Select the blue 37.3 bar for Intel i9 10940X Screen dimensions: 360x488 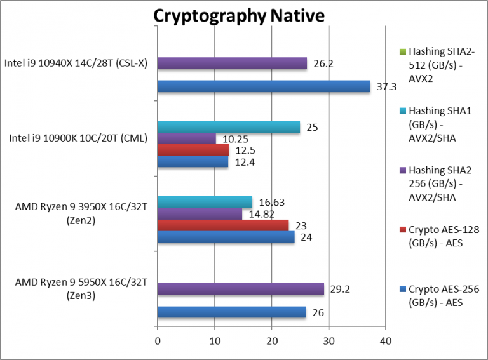264,86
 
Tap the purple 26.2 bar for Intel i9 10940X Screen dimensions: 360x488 232,63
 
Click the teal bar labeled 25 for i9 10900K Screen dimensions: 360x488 229,127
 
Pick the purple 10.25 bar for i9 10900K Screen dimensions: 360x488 187,138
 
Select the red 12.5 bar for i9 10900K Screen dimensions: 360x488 193,150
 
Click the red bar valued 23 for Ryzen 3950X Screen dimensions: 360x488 223,225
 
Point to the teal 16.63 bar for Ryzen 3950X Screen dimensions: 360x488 205,202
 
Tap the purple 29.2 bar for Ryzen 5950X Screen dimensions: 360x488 241,289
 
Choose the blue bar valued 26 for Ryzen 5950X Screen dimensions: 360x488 231,312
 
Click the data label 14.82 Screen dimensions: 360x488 261,213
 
